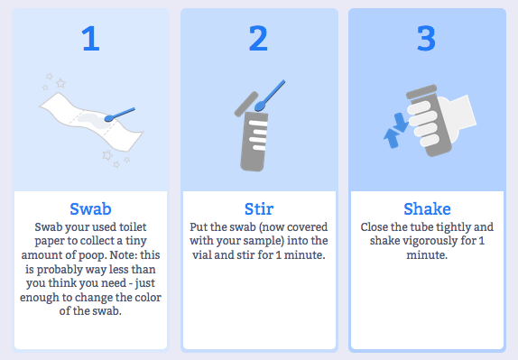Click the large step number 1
[90, 38]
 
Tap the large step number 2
[258, 38]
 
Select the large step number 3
[427, 38]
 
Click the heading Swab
[90, 209]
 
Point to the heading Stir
[259, 209]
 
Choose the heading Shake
[427, 209]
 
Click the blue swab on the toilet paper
[119, 115]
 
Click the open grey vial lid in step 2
[246, 104]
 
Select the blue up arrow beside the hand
[392, 138]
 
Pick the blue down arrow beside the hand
[401, 123]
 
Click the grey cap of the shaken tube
[421, 91]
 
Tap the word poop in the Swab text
[92, 255]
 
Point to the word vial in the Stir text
[202, 255]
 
